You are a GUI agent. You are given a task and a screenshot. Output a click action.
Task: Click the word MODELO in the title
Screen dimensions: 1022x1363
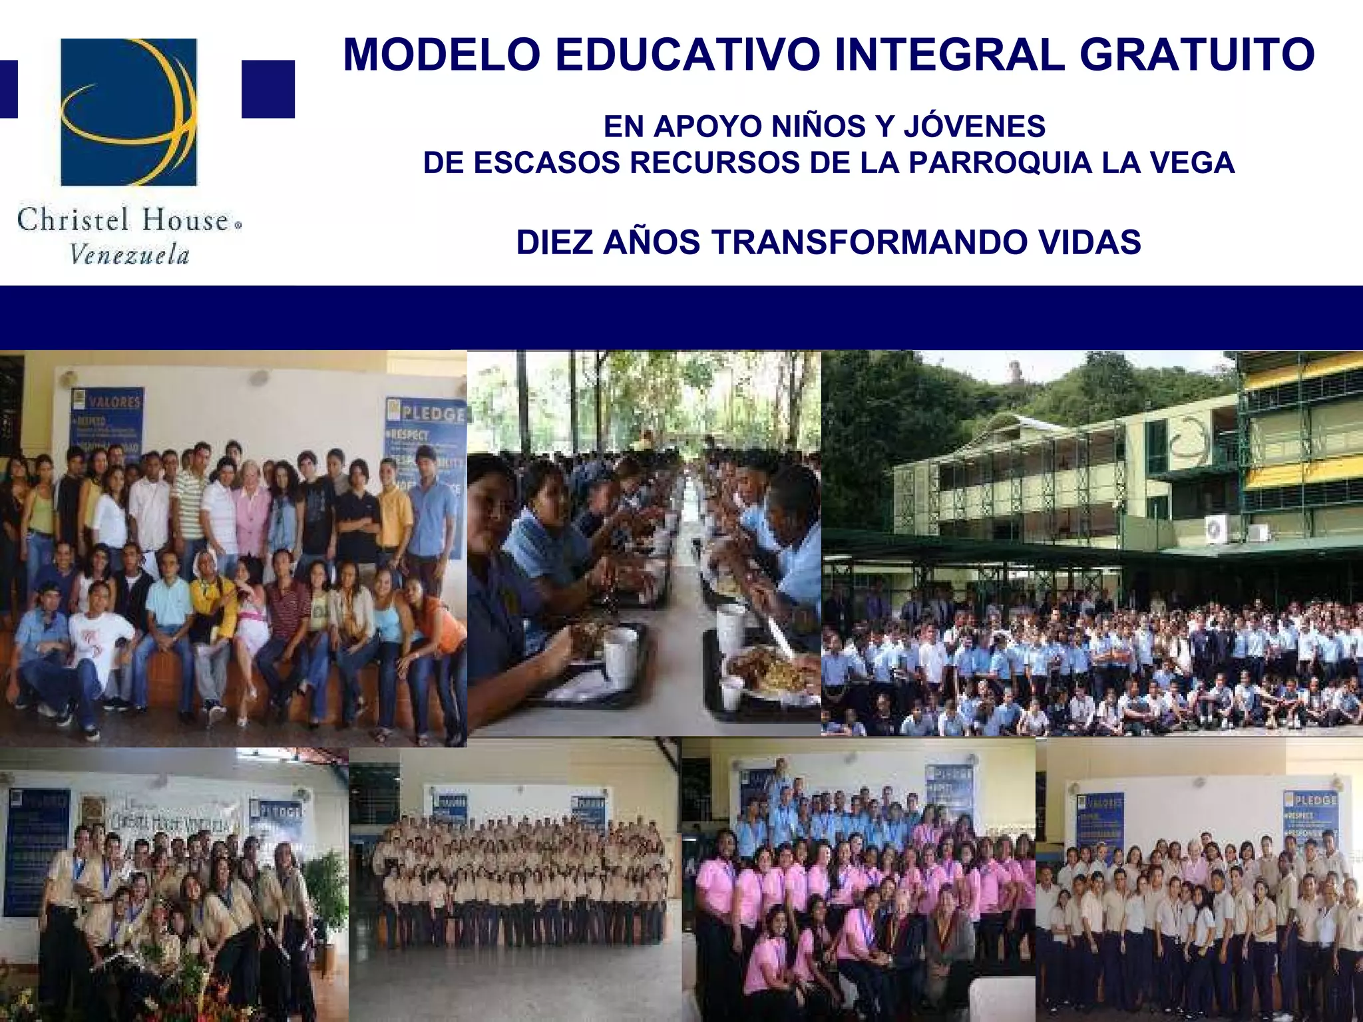point(441,55)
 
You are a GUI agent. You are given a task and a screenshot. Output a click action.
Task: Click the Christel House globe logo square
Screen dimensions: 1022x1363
point(129,112)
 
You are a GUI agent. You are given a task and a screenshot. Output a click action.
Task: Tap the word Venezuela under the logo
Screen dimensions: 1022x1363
point(130,255)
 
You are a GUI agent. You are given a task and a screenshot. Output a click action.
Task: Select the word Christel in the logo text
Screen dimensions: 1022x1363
point(73,220)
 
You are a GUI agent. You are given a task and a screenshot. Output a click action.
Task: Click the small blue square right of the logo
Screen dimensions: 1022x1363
point(268,89)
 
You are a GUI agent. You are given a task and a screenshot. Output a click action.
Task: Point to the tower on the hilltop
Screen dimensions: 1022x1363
point(1016,373)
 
